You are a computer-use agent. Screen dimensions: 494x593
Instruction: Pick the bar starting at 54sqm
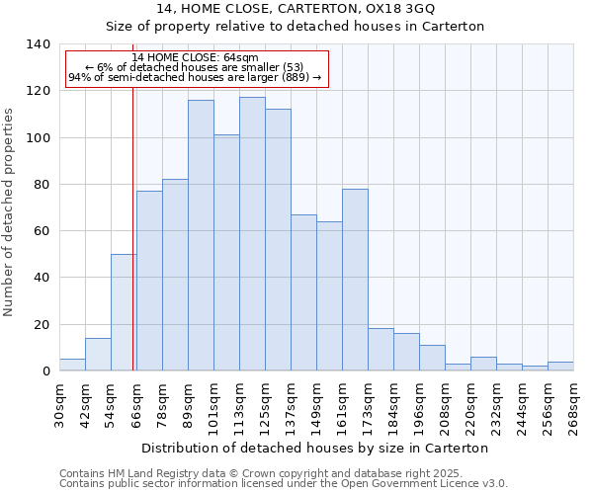pos(124,312)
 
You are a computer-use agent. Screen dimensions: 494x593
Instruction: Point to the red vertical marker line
pos(132,247)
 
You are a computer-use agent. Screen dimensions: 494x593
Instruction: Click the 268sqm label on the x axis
pos(574,405)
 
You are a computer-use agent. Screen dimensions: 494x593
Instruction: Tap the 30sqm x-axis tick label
pos(60,405)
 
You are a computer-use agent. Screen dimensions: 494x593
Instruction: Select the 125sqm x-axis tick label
pos(266,405)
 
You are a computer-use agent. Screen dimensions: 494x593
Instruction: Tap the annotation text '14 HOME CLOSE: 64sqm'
pos(195,58)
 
